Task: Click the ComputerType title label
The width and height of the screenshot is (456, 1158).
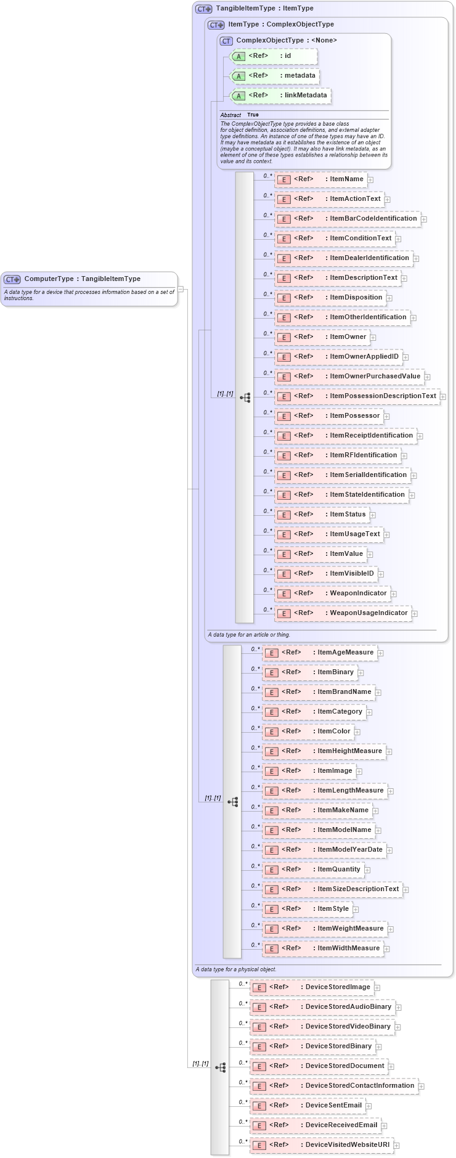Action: (x=82, y=279)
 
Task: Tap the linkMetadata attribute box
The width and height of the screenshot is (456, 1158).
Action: (x=280, y=96)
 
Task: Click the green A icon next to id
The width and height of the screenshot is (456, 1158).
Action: (x=238, y=56)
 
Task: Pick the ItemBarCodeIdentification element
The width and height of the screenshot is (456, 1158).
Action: (x=348, y=219)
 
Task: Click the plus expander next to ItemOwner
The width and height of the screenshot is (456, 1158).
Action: (x=373, y=337)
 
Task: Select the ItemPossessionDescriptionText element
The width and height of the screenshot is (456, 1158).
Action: (x=357, y=396)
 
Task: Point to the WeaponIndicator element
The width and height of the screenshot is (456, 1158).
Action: (x=332, y=593)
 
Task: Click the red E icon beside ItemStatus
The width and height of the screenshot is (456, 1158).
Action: (x=283, y=515)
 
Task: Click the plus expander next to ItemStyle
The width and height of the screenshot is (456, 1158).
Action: (x=356, y=909)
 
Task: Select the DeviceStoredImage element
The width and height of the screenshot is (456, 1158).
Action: (x=311, y=987)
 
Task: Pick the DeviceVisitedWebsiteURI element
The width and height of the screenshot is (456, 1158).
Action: (x=321, y=1145)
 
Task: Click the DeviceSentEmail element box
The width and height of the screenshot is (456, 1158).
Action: (x=307, y=1106)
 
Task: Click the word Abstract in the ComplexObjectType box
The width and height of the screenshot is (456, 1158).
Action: (x=230, y=115)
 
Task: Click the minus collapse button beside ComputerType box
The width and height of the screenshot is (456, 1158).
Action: (x=181, y=288)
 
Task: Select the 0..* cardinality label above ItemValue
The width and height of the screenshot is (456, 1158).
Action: (x=267, y=550)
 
